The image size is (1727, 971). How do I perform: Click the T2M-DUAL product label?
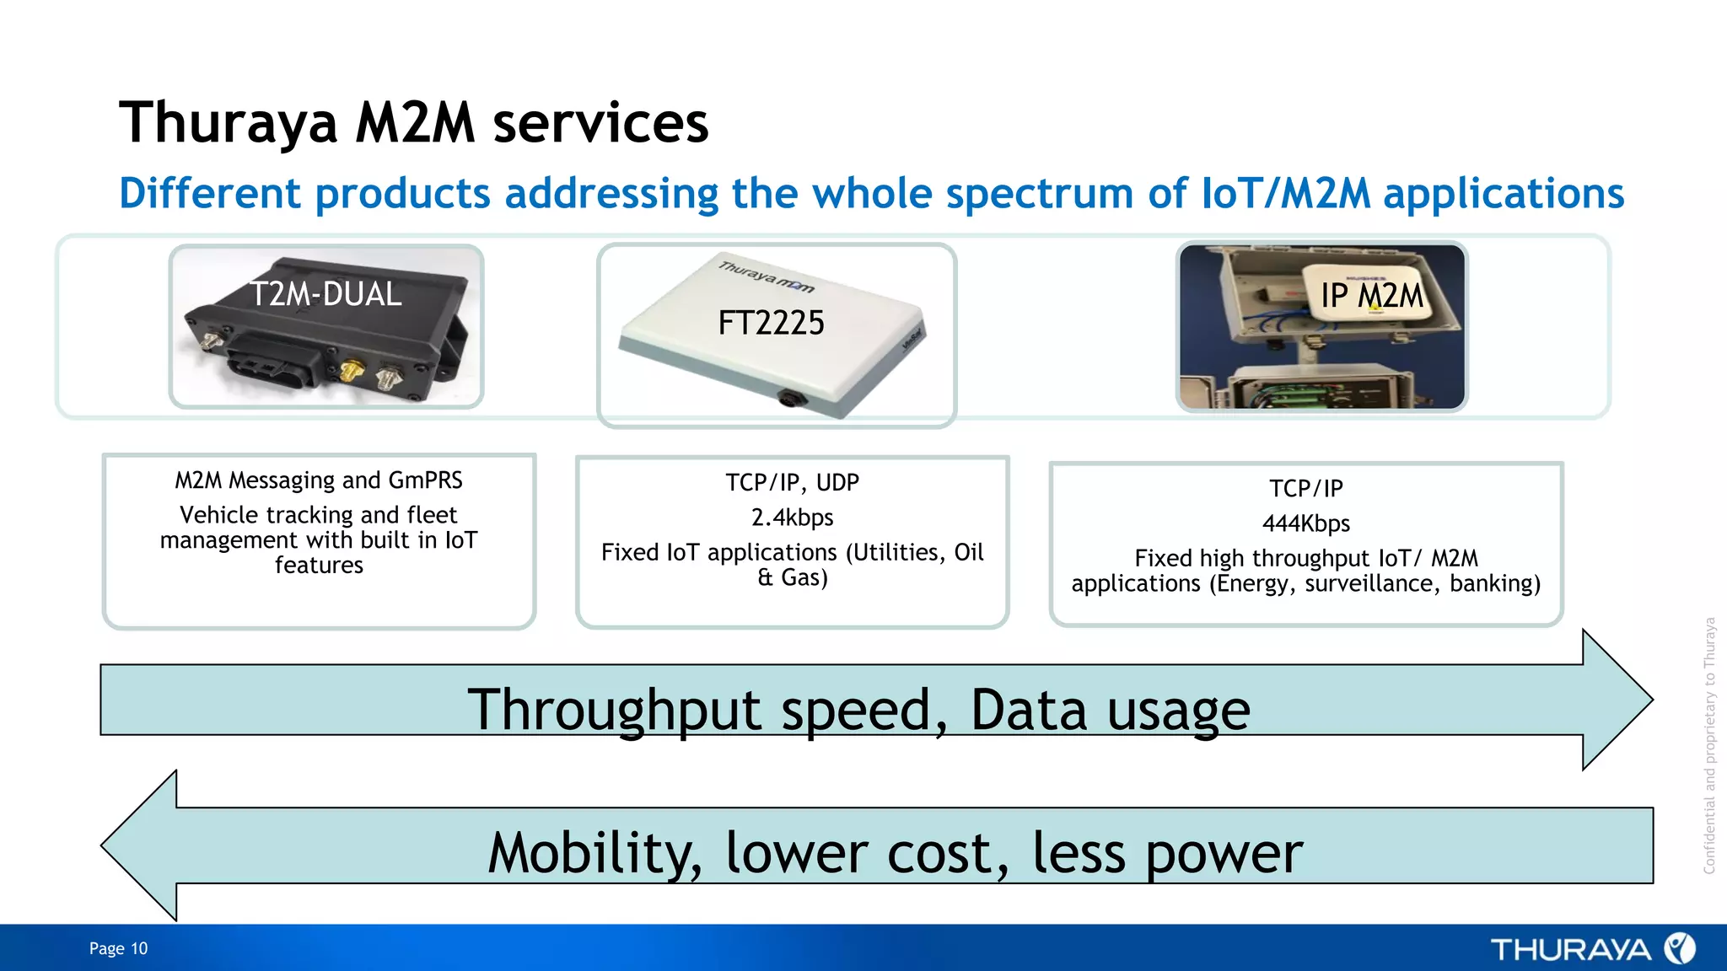click(x=325, y=294)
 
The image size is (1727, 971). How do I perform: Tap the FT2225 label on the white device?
click(x=771, y=323)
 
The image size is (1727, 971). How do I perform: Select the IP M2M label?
click(x=1371, y=296)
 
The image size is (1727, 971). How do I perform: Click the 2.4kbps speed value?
click(x=792, y=518)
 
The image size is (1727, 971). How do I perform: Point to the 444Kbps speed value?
click(x=1305, y=523)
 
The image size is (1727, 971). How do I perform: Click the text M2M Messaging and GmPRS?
click(x=319, y=480)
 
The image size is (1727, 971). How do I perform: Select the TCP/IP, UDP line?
click(x=792, y=482)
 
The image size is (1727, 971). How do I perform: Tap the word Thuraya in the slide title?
click(x=228, y=123)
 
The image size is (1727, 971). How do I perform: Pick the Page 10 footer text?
click(x=118, y=948)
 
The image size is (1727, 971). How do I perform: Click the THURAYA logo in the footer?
click(x=1591, y=949)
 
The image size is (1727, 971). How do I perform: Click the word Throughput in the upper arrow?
click(x=615, y=710)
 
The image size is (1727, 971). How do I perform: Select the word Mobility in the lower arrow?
click(x=594, y=853)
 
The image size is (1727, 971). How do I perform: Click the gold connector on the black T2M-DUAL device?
click(x=352, y=371)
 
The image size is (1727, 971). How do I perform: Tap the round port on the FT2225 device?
click(x=789, y=397)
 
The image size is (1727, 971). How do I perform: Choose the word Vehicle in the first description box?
click(x=218, y=515)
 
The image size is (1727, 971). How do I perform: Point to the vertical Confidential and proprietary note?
click(x=1709, y=745)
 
